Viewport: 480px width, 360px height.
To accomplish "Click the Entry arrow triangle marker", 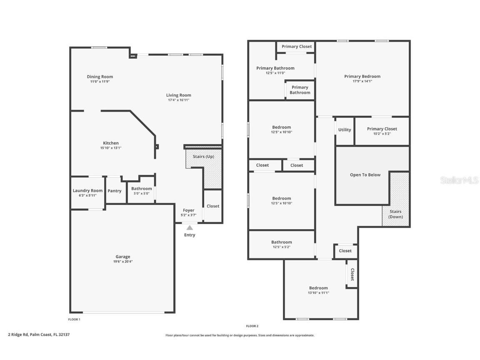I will point(190,227).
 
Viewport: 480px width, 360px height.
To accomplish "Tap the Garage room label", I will point(123,257).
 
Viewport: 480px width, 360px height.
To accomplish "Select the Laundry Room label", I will point(87,190).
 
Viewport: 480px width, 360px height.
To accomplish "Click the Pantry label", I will point(115,191).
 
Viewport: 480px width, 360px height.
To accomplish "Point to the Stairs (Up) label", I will point(203,156).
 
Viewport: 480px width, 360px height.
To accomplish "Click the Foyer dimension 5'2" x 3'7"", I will point(188,215).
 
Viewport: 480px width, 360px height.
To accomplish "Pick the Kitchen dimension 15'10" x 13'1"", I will point(111,148).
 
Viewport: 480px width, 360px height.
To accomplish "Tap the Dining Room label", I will point(100,77).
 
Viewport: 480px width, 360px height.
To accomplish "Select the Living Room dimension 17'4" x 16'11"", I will point(179,100).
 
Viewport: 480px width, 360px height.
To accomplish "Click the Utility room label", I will point(345,130).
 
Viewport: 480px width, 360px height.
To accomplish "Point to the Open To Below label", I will point(365,175).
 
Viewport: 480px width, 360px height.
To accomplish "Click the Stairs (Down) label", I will point(395,214).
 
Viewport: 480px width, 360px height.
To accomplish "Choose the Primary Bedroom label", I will point(362,76).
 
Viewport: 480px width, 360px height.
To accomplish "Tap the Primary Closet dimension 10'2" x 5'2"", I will point(382,134).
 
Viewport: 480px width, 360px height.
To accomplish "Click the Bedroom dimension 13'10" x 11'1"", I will point(319,292).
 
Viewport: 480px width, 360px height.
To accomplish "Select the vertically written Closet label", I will point(352,275).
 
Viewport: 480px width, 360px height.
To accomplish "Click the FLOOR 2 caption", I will point(252,326).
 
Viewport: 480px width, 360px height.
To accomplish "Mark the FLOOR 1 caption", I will point(74,320).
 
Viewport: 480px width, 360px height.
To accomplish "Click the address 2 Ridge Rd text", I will point(36,334).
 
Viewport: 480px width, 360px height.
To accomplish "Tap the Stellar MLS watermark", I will point(460,180).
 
